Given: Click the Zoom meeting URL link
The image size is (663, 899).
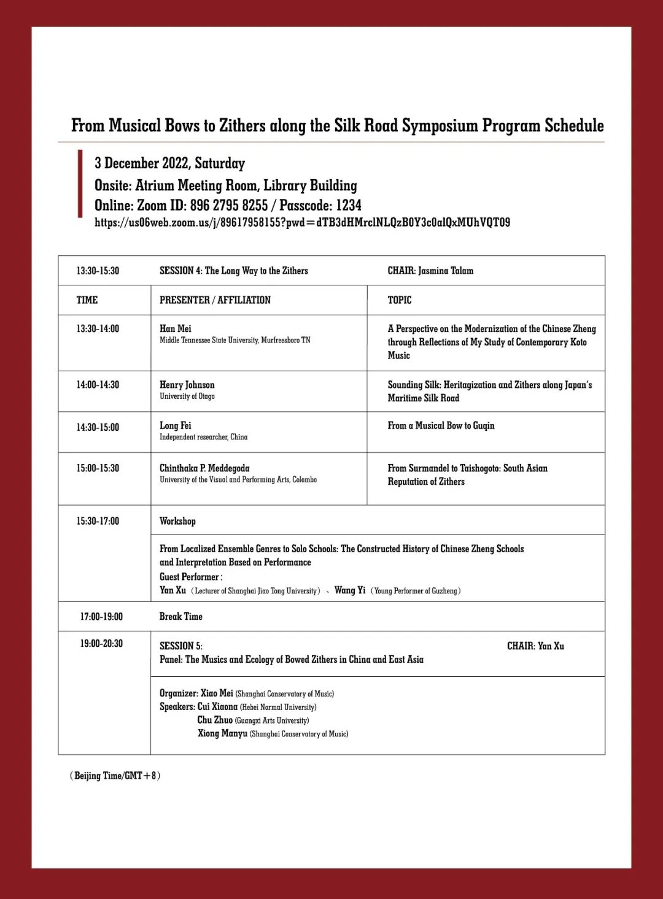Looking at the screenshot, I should (302, 222).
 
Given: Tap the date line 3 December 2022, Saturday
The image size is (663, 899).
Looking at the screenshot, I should (169, 163).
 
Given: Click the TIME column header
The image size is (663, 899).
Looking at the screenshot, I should (87, 300).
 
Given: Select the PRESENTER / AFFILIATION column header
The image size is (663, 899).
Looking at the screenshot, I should (215, 300).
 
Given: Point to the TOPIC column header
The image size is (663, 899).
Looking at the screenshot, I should (400, 300).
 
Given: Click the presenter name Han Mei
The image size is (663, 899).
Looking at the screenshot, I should (176, 329).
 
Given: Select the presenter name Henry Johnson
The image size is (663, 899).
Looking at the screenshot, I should (187, 385).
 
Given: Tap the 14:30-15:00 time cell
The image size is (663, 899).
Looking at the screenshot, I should (98, 427).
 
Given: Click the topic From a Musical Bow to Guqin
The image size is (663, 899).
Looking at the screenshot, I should (441, 426).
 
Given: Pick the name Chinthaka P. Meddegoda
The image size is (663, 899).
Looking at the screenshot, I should (204, 468).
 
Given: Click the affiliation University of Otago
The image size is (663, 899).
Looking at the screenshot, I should (187, 396).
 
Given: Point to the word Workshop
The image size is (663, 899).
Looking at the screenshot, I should (177, 521).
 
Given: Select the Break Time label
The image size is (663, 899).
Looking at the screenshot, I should (180, 616).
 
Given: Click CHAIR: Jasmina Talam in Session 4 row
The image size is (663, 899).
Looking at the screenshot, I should (430, 271).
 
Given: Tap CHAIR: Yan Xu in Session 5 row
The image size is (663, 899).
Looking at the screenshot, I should (535, 646).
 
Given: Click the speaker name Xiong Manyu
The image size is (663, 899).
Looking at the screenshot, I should (222, 733).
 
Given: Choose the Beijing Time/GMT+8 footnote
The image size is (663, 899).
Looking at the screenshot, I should (115, 776).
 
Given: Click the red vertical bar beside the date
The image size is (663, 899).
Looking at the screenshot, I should (80, 183).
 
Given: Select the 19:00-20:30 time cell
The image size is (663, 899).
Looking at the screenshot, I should (101, 644).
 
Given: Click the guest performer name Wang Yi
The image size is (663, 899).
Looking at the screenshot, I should (349, 590).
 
